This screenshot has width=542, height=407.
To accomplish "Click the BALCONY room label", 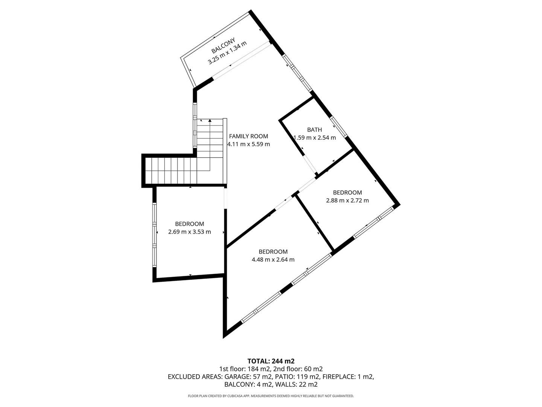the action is tap(223, 45).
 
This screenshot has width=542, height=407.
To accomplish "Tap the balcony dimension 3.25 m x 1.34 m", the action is tap(227, 53).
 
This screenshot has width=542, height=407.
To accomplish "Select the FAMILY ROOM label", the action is tap(248, 136).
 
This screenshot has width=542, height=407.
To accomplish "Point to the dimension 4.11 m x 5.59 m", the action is tap(248, 144).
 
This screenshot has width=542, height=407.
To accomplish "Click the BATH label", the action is tap(314, 130).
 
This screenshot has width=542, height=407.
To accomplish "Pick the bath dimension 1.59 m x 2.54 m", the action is tap(315, 138).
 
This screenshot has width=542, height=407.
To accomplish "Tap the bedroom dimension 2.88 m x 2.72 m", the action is tap(347, 200).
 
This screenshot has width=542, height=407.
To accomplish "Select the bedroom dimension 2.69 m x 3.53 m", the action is tap(189, 232).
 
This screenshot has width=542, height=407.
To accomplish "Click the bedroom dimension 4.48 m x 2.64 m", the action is tap(273, 260).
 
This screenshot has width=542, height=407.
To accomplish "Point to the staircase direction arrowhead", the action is tap(210, 121).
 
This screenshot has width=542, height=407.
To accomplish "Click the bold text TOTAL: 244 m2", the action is tap(271, 361).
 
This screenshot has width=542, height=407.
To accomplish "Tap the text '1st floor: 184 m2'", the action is tap(242, 369).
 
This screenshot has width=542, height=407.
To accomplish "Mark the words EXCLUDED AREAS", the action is tap(195, 377).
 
